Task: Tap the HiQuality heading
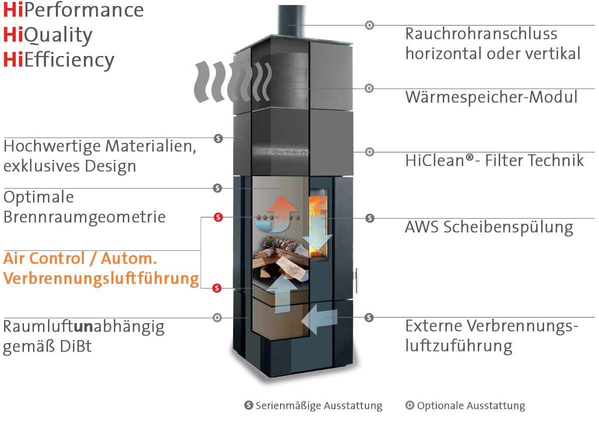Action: [x=48, y=35]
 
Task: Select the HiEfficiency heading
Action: [x=59, y=60]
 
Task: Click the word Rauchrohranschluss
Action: [x=481, y=34]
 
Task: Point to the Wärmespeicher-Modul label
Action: [x=491, y=97]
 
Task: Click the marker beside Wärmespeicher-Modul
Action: [x=369, y=88]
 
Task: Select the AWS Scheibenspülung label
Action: [x=489, y=227]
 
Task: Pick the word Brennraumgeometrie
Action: [x=84, y=217]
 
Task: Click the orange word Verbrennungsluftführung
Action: [x=101, y=279]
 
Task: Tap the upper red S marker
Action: [x=218, y=217]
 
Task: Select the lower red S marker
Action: [x=217, y=288]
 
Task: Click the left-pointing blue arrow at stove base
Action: [x=321, y=318]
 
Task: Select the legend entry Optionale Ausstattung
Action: [x=471, y=406]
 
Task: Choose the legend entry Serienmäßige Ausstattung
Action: [x=318, y=406]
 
